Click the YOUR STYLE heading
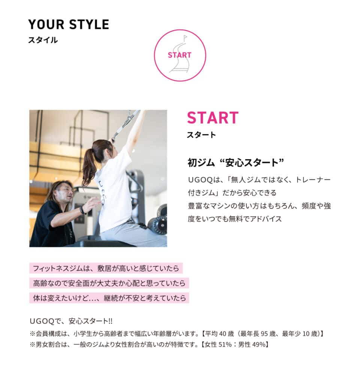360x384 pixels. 68,24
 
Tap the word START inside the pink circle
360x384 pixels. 180,55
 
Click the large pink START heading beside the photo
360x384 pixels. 213,118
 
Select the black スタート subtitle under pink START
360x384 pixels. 201,135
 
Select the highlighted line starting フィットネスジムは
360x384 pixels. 105,268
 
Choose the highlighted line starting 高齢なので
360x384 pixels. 109,283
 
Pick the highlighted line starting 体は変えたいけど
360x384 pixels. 109,298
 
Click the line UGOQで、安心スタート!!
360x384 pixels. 71,321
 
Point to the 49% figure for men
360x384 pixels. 259,344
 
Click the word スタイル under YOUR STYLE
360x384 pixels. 43,40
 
